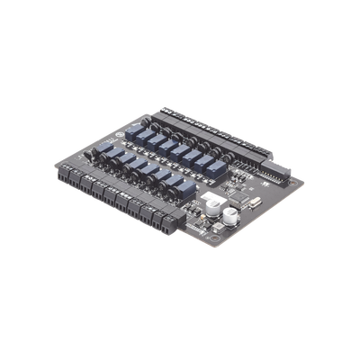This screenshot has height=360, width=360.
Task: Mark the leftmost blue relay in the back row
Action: coord(135,130)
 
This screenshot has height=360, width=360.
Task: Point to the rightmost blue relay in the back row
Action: coord(218,164)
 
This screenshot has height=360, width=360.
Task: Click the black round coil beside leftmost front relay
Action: coord(93,155)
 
